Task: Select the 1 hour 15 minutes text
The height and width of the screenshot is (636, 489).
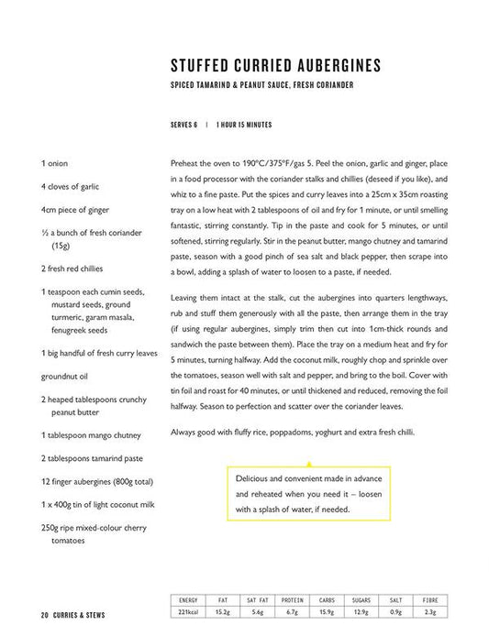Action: [x=244, y=125]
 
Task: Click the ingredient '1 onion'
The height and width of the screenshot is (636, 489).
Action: [x=54, y=163]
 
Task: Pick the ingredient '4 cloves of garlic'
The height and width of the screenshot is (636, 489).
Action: [x=70, y=187]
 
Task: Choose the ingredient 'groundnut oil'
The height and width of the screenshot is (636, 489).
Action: [x=65, y=375]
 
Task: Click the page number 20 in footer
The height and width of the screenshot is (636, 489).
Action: [x=44, y=614]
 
